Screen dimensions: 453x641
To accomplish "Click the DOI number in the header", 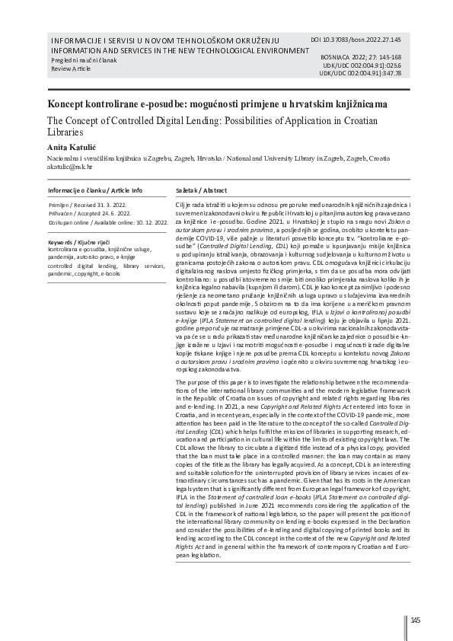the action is pyautogui.click(x=367, y=38).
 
